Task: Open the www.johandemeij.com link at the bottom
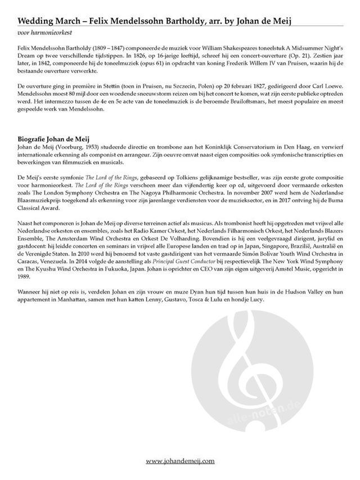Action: click(x=180, y=461)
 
